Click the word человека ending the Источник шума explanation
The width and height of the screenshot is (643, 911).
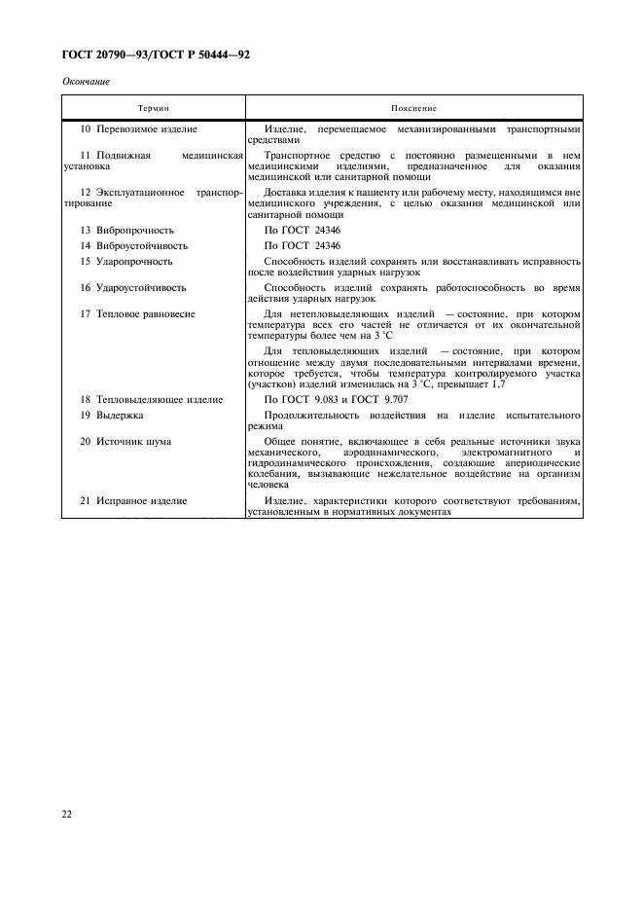click(268, 484)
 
